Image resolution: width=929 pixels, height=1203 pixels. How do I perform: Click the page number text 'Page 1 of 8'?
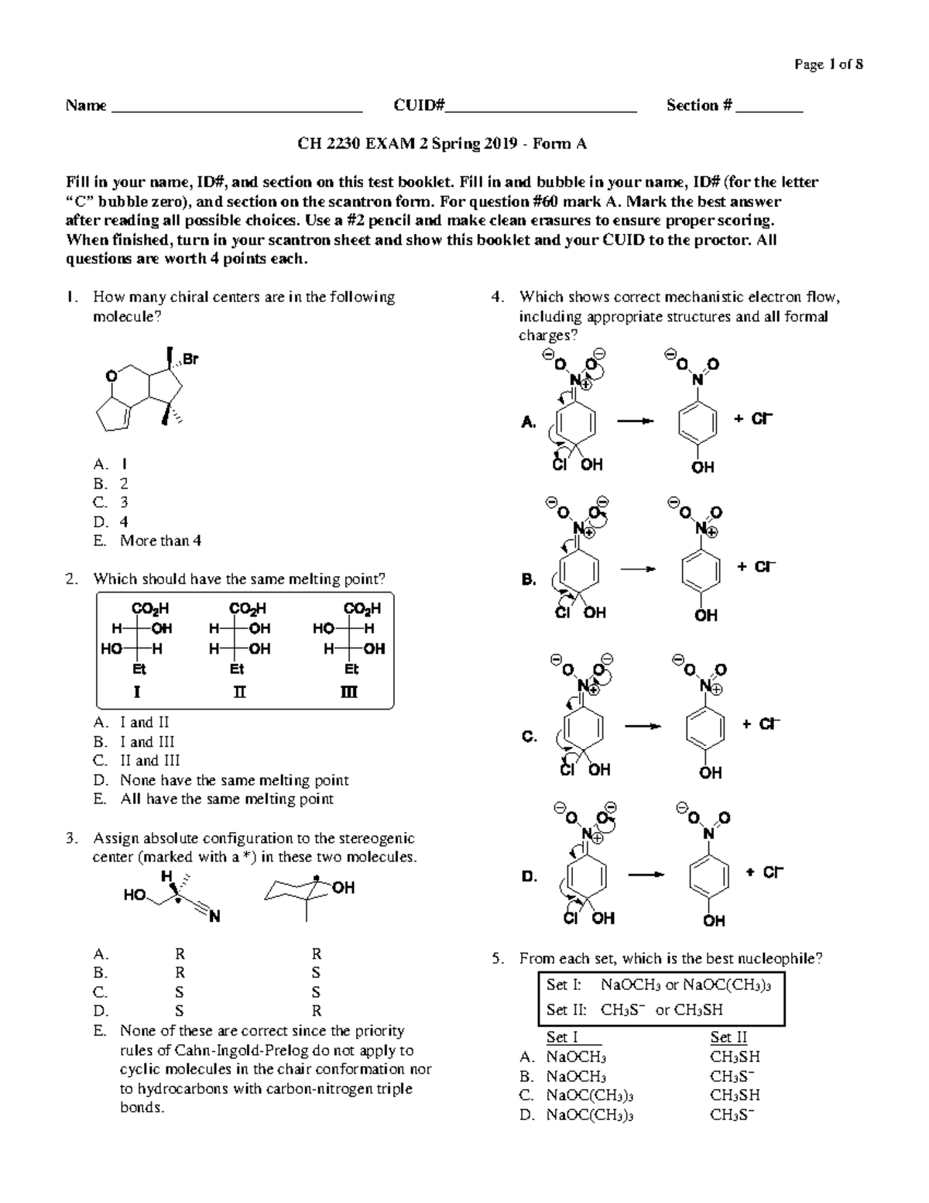828,64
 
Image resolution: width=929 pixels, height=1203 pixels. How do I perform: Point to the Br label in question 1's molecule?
190,359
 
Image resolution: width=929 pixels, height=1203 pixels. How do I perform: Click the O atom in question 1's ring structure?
111,376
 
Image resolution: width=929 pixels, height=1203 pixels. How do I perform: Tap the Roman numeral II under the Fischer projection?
239,692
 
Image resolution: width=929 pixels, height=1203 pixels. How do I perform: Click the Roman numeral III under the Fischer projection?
350,692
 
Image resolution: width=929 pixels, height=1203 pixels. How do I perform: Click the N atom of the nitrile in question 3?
214,917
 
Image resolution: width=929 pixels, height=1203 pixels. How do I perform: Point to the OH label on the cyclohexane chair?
343,888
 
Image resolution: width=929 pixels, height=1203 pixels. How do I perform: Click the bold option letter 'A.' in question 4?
528,422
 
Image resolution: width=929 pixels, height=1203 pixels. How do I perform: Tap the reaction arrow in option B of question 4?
638,569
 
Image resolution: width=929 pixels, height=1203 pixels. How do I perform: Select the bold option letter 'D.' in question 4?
530,877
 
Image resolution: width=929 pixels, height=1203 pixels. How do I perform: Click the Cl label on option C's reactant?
567,769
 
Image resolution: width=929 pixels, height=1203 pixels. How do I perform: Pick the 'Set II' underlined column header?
728,1037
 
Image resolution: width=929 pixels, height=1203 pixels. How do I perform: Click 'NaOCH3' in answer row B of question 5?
576,1076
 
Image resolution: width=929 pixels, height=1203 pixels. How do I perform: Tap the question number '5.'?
499,959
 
